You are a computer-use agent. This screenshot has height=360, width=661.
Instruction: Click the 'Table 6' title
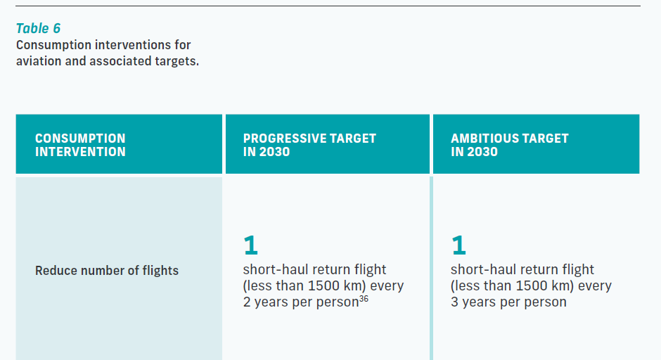39,28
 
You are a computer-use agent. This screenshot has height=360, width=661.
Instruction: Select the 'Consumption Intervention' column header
80,145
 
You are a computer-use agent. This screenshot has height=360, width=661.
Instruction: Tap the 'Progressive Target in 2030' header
309,145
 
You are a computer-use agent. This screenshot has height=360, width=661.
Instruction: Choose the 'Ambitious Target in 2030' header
510,145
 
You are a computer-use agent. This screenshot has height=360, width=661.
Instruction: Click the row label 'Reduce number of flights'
107,271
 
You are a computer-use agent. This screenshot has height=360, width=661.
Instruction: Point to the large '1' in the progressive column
250,245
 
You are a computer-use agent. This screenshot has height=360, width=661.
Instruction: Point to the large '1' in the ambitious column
458,245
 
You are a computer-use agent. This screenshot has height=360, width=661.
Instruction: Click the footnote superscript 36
364,299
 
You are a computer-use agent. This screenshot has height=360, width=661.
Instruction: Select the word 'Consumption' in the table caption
53,45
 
